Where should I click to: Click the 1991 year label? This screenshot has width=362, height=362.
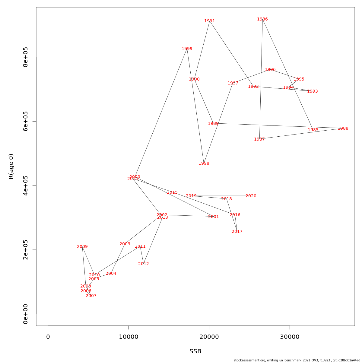click(210, 21)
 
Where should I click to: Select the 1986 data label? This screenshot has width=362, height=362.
click(262, 19)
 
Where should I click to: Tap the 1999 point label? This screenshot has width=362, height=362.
click(187, 49)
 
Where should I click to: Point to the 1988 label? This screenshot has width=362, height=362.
click(343, 129)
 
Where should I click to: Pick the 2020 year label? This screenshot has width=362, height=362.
click(251, 196)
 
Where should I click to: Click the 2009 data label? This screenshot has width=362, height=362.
click(82, 247)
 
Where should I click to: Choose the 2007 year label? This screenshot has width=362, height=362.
click(91, 296)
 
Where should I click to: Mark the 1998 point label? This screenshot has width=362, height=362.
click(204, 164)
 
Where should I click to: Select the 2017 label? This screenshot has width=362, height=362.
click(237, 232)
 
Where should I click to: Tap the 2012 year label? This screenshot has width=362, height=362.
click(144, 264)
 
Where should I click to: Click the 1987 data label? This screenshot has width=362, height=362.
click(259, 139)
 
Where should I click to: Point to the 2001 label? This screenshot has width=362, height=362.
click(214, 217)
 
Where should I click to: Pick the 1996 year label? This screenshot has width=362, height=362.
click(270, 70)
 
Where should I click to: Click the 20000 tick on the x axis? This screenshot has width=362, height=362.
click(209, 337)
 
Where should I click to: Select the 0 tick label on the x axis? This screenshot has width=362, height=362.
click(48, 337)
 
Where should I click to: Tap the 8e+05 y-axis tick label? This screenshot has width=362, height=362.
click(26, 57)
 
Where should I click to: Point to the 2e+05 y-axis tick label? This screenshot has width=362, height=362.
click(26, 250)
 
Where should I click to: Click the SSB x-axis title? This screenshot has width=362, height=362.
click(195, 351)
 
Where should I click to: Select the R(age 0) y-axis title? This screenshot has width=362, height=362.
click(11, 167)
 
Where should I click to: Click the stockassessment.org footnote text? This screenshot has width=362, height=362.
click(297, 360)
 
